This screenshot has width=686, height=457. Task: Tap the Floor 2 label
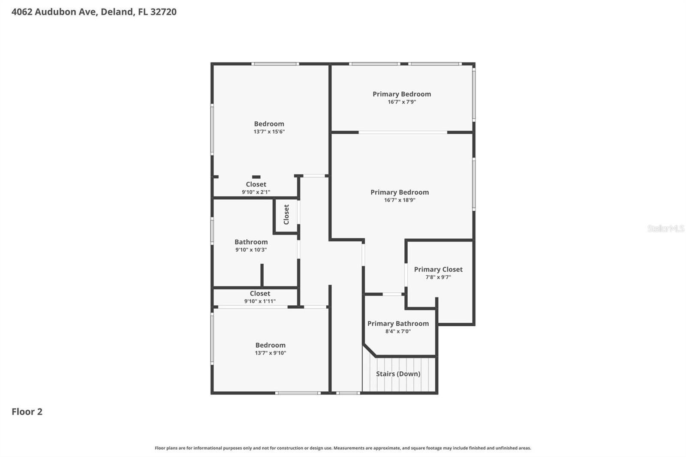[x=27, y=412]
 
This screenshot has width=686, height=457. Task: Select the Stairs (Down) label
[x=398, y=374]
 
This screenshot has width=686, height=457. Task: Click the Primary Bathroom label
[x=398, y=324]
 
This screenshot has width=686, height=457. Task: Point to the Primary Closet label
[x=438, y=269]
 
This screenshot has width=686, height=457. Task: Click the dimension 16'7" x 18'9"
[x=400, y=200]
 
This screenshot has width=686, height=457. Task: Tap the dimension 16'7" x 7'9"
[x=402, y=102]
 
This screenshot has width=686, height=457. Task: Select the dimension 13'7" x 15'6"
[x=269, y=132]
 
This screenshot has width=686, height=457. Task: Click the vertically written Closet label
[x=286, y=214]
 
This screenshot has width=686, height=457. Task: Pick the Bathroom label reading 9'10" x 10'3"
[x=251, y=242]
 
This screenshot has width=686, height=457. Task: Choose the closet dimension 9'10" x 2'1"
[x=256, y=192]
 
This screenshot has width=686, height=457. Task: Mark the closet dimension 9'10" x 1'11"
[x=260, y=301]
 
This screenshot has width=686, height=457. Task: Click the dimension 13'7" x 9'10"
[x=270, y=353]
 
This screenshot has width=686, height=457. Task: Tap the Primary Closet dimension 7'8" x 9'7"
[x=438, y=277]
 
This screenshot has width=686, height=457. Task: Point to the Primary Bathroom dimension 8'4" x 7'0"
[x=398, y=331]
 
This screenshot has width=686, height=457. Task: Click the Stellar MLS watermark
[x=665, y=228]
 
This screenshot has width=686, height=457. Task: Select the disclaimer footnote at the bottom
[x=343, y=448]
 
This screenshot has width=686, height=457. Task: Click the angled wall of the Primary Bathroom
[x=370, y=350]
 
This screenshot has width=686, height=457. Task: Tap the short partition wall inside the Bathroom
[x=262, y=275]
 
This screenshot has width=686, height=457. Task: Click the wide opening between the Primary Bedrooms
[x=403, y=132]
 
